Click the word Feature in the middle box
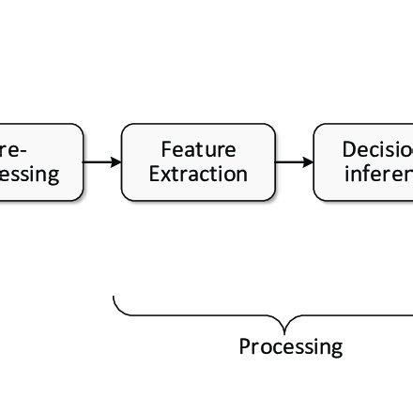tap(198, 149)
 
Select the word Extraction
tap(198, 174)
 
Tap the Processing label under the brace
tap(290, 346)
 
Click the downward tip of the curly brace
tap(285, 331)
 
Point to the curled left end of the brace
tap(115, 300)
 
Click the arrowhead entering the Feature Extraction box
tap(116, 161)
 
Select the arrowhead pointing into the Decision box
tap(308, 161)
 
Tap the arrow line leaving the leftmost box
tap(98, 161)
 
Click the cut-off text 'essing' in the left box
tap(29, 175)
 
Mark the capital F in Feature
tap(166, 149)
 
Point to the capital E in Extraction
tap(154, 174)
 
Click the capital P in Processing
tap(244, 346)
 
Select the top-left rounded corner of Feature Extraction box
tap(126, 127)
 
